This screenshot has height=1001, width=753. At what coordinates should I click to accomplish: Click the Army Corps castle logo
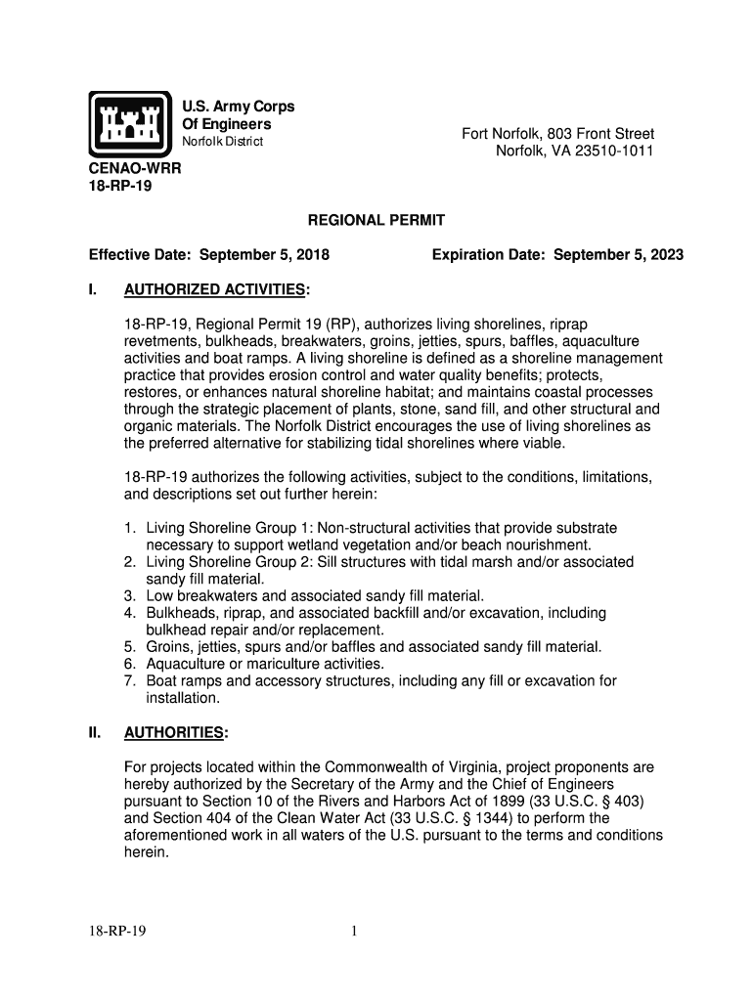pyautogui.click(x=130, y=123)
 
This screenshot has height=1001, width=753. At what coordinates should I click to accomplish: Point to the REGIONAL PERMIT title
pyautogui.click(x=376, y=222)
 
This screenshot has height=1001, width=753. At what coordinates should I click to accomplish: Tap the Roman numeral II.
pyautogui.click(x=95, y=733)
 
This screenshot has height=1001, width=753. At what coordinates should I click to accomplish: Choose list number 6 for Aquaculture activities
pyautogui.click(x=129, y=664)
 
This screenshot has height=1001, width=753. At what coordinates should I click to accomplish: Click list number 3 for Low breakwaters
pyautogui.click(x=129, y=595)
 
